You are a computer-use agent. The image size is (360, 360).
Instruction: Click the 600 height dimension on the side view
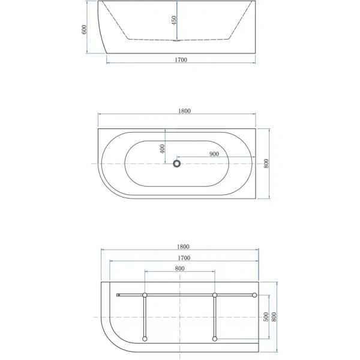[86, 29]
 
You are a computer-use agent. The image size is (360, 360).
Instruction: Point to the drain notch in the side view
[176, 41]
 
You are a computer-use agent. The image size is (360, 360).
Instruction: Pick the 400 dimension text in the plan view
[163, 148]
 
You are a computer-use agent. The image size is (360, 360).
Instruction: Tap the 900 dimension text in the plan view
[214, 154]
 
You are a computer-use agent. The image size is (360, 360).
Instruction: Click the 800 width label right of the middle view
[266, 163]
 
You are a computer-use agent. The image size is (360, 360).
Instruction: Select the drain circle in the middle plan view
[177, 163]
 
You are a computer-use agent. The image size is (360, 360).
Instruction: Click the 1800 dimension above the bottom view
[184, 247]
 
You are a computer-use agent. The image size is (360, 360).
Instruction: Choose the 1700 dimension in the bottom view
[184, 258]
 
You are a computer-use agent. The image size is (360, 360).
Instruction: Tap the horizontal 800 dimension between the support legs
[179, 268]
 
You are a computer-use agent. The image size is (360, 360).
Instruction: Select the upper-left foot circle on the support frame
[145, 295]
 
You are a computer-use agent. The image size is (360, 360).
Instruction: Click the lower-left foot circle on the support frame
[145, 339]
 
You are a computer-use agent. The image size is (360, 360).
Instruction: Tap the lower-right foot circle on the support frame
[214, 339]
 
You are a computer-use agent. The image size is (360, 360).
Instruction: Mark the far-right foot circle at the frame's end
[254, 295]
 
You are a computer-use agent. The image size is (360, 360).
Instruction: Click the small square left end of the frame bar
[118, 295]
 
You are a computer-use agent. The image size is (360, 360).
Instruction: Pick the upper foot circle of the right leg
[214, 295]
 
